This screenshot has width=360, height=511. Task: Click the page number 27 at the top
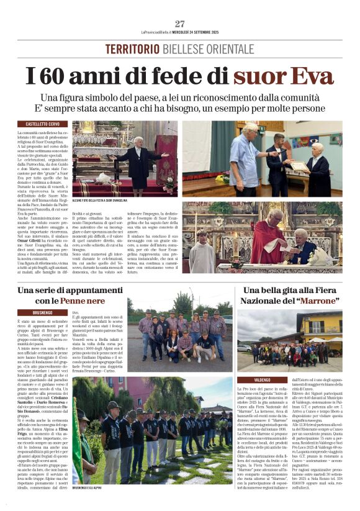pos(179,24)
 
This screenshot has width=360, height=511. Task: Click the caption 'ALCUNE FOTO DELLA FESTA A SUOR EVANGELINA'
pos(100,201)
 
